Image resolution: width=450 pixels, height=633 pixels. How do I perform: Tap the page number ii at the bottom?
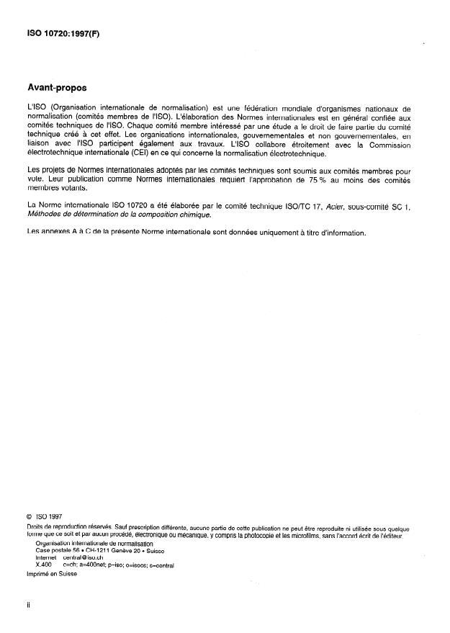click(27, 606)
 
